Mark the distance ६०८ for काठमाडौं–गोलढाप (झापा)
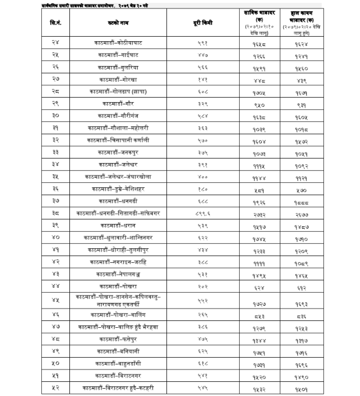pyautogui.click(x=203, y=91)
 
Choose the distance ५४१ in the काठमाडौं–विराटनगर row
pyautogui.click(x=203, y=375)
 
